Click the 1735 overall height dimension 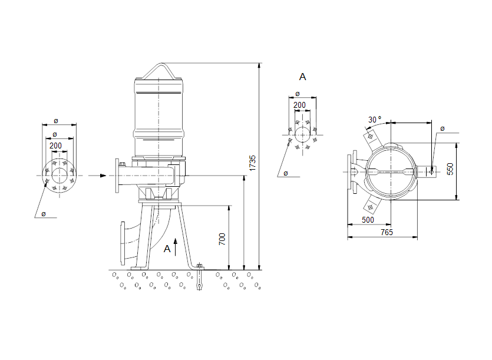pos(252,163)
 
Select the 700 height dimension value pos(222,239)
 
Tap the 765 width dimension pos(386,233)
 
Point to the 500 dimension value pos(368,220)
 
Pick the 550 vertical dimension pos(451,170)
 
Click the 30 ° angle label pos(375,119)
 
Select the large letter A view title pos(303,77)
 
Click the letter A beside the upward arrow pos(167,249)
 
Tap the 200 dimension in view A pos(300,105)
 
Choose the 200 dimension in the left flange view pos(55,146)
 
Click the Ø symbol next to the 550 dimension pos(443,128)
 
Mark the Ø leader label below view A pos(285,173)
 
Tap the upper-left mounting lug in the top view pos(371,140)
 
